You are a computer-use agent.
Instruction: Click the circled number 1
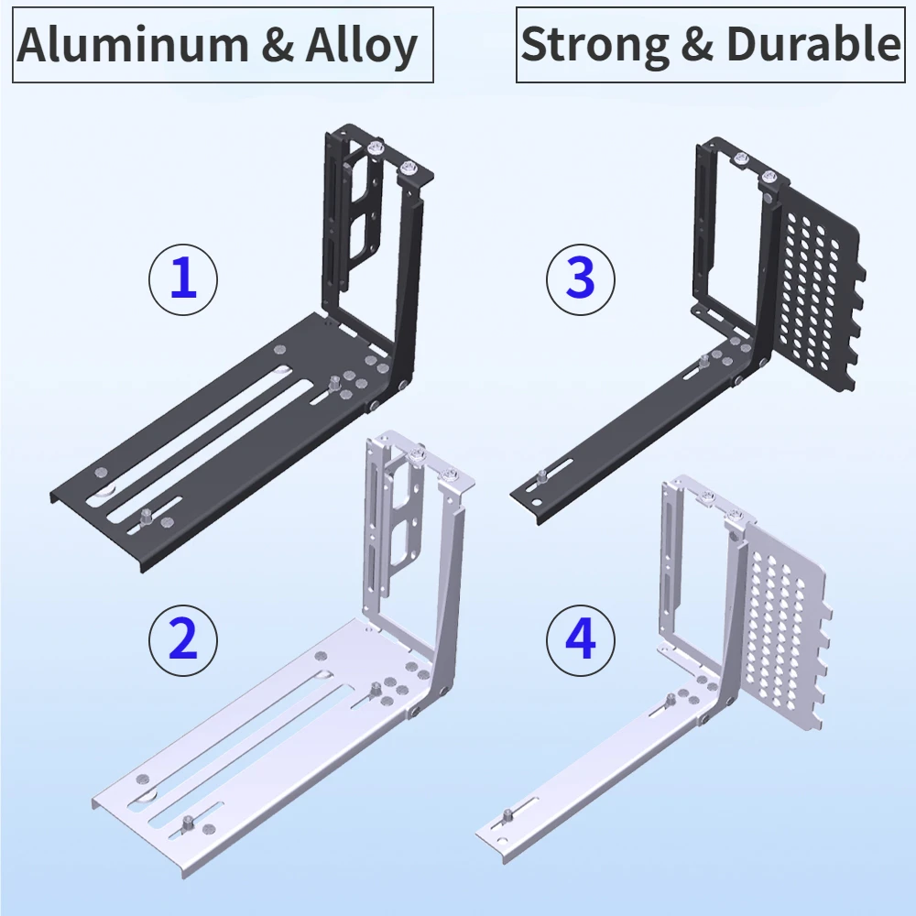[183, 279]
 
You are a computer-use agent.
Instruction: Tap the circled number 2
[183, 639]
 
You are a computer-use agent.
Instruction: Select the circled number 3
[580, 279]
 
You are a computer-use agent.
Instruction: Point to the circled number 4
[580, 639]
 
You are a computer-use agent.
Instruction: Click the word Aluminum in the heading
[133, 45]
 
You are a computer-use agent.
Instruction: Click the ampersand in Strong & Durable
[697, 45]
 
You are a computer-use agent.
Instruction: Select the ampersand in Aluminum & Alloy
[277, 45]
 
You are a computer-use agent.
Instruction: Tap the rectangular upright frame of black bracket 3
[701, 234]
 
